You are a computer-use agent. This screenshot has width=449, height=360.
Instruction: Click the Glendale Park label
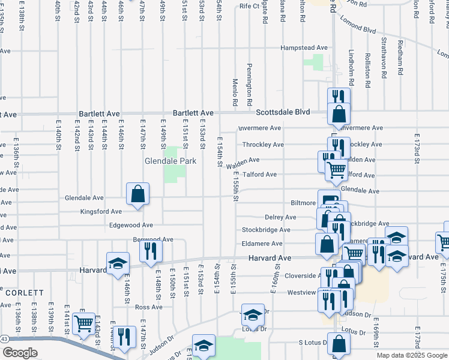pyautogui.click(x=166, y=161)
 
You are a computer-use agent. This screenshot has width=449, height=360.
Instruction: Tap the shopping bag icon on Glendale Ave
pyautogui.click(x=138, y=194)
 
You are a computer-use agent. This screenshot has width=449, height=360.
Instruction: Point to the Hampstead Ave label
pyautogui.click(x=304, y=47)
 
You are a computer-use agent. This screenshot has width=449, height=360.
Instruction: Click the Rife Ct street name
pyautogui.click(x=247, y=6)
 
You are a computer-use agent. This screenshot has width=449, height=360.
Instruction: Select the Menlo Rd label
pyautogui.click(x=235, y=92)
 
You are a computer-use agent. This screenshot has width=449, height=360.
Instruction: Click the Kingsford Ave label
pyautogui.click(x=101, y=211)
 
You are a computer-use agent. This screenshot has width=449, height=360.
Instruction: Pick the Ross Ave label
pyautogui.click(x=149, y=307)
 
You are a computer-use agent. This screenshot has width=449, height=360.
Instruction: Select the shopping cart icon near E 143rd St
pyautogui.click(x=83, y=323)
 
